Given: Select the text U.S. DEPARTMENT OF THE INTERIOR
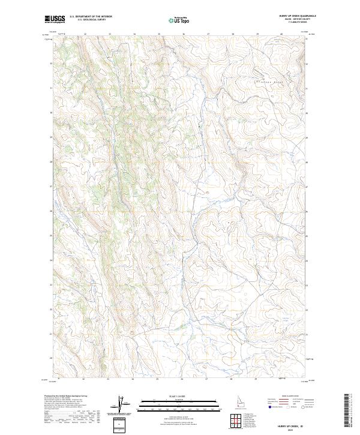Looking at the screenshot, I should click(91, 17).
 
